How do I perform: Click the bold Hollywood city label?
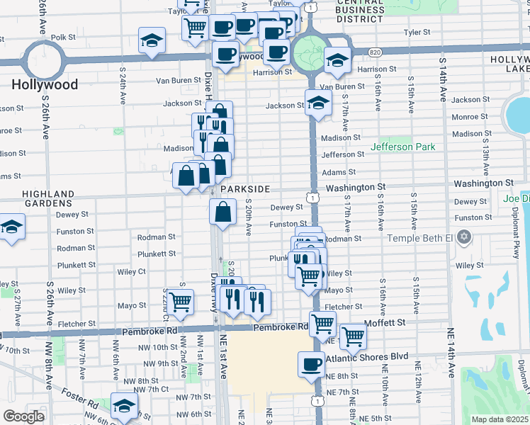44,84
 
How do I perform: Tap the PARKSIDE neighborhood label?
245,190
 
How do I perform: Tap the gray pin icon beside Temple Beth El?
465,236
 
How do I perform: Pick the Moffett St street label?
384,322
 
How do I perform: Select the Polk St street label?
63,37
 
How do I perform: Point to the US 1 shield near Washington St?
312,198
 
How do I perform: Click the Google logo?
23,416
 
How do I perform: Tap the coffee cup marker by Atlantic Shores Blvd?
311,364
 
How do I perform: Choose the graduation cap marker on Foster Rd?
124,406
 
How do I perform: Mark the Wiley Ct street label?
132,271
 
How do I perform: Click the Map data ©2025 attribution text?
500,419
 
